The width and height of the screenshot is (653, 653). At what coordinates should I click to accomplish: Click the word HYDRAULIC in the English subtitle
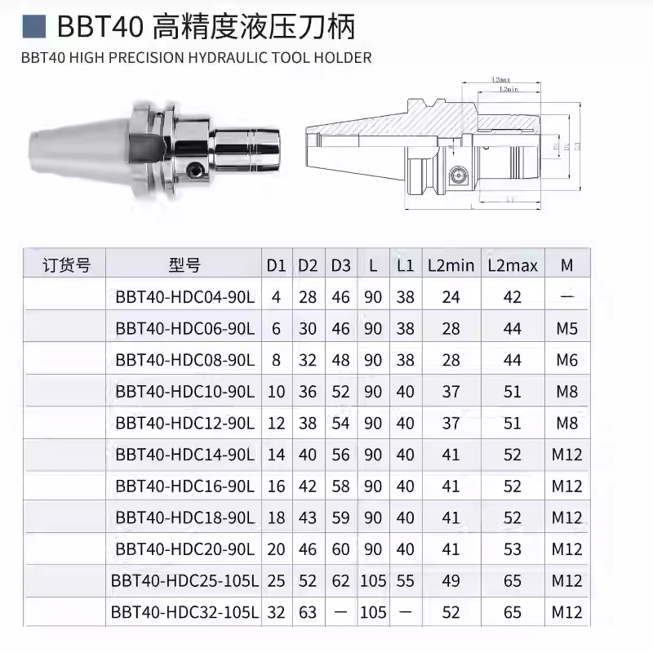coord(229,58)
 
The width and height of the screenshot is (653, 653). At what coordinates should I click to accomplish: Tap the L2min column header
coord(451,265)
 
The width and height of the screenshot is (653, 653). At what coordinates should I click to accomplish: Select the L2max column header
coord(513,265)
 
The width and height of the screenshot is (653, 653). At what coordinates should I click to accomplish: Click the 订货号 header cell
coord(66,265)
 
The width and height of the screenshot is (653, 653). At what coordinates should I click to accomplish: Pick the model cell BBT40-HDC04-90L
coord(185,297)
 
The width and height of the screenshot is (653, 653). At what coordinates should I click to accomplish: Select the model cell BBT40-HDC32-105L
coord(185,611)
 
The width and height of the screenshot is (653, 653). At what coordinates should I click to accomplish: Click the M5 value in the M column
coord(567,329)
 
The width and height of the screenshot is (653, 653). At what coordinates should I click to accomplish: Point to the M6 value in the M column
coord(567,360)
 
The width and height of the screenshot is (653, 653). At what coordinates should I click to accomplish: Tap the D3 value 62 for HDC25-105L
coord(340,580)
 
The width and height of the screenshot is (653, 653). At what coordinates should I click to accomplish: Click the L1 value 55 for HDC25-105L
coord(405,580)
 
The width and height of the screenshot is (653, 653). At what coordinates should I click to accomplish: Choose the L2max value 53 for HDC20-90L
coord(513,549)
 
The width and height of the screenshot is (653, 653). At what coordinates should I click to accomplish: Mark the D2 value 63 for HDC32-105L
coord(308,611)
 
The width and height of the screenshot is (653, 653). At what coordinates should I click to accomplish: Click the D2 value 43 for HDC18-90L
coord(308,517)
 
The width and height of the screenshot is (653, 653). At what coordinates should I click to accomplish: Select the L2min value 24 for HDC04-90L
coord(451,297)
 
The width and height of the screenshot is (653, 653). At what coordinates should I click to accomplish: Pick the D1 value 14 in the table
coord(276,455)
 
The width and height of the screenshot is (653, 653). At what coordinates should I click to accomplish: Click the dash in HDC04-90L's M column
coord(567,297)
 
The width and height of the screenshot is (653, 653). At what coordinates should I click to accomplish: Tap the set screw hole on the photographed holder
coord(194,169)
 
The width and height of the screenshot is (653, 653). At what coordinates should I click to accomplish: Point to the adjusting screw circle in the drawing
coord(455,173)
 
